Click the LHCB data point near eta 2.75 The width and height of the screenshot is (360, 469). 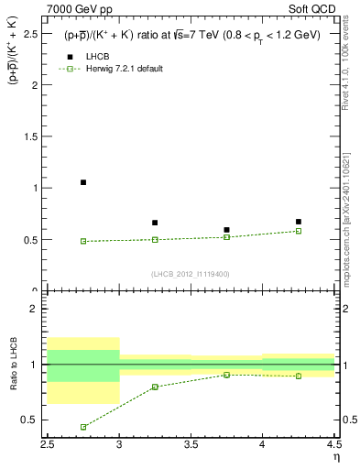tap(83, 182)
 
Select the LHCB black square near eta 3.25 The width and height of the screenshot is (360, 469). tap(155, 223)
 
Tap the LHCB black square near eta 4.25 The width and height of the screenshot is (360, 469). tap(299, 222)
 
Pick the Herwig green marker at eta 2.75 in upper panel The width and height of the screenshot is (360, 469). tap(83, 241)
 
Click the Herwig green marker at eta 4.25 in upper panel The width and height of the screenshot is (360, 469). tap(299, 231)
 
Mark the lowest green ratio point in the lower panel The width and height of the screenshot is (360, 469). tap(83, 427)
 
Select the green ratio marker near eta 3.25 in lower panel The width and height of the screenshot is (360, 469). tap(155, 387)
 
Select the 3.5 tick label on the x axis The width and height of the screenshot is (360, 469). tap(191, 444)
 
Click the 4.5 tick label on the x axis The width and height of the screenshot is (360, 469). tap(333, 444)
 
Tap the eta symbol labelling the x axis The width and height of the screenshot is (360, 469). tap(335, 457)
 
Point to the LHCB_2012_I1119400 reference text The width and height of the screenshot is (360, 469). tap(191, 274)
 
